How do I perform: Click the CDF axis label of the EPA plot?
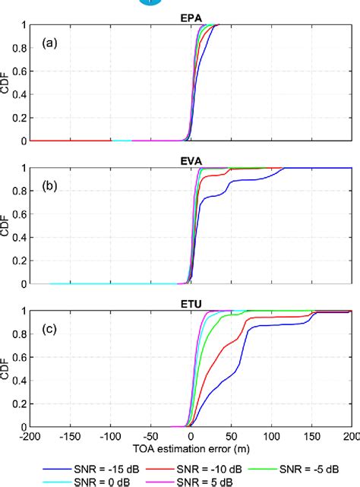(7, 82)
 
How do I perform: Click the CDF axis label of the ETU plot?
(7, 368)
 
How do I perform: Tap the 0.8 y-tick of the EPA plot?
(20, 48)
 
